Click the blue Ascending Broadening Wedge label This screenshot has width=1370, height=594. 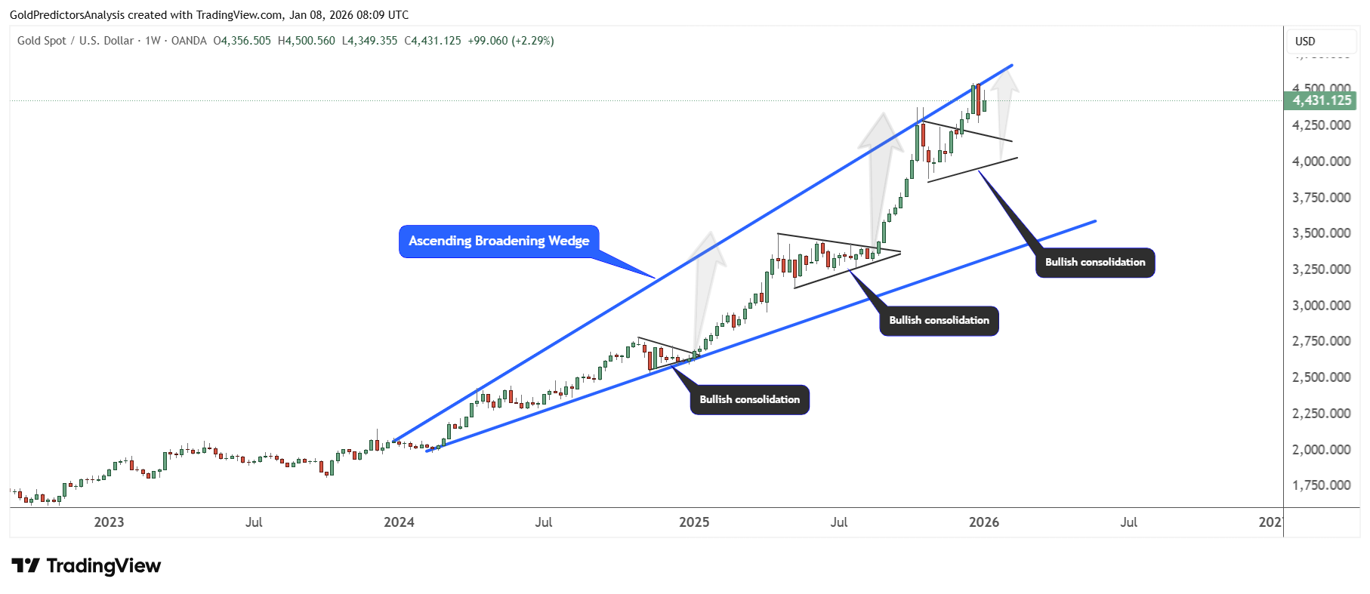pos(498,242)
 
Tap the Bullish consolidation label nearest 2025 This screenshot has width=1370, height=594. pos(749,400)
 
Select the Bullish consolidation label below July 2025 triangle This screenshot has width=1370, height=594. pos(939,321)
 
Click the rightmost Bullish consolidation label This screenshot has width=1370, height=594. pos(1094,263)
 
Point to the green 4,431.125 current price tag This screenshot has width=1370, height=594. pos(1321,100)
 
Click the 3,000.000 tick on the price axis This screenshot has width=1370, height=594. pos(1321,306)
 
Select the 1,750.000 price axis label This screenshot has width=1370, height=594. pos(1321,485)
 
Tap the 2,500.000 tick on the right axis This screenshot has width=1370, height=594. pos(1321,377)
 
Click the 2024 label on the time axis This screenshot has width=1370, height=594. pos(399,522)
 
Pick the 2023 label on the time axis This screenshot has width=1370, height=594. pos(109,522)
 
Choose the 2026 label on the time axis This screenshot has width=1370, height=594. pos(983,522)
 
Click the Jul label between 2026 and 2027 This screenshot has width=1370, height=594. pos(1128,522)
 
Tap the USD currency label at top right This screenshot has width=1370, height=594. pos(1305,42)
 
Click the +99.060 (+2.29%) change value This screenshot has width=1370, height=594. pos(511,41)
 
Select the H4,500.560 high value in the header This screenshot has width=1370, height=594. pos(306,41)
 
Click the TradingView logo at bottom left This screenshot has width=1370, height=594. pos(87,566)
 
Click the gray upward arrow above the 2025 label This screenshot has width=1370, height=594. pos(706,287)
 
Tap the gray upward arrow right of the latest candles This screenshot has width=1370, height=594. pos(1004,113)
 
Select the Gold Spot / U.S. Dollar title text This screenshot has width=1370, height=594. pos(76,41)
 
